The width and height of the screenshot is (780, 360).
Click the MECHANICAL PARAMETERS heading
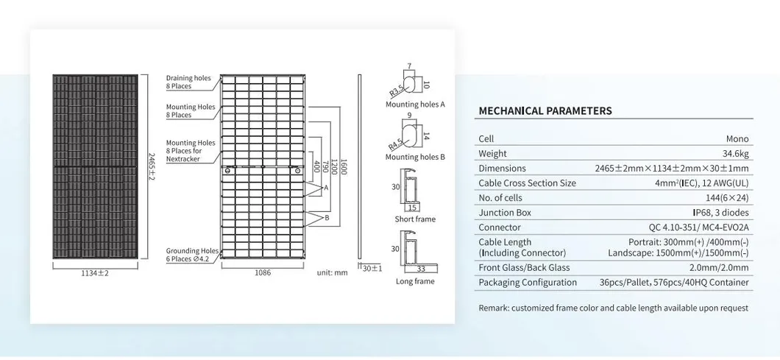tap(545, 111)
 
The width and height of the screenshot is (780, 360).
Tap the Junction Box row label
tap(506, 213)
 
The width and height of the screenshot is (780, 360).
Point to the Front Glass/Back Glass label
tap(524, 268)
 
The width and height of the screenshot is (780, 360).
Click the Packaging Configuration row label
tap(528, 283)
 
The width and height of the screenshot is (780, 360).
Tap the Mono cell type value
tap(737, 139)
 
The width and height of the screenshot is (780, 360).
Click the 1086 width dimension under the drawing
tap(262, 272)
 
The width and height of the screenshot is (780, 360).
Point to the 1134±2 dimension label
tap(94, 273)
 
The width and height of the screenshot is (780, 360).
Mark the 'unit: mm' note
tap(332, 272)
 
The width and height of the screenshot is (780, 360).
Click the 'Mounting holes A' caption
tap(415, 105)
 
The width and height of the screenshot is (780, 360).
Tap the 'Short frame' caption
tap(415, 219)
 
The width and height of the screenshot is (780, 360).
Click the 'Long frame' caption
tap(415, 281)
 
